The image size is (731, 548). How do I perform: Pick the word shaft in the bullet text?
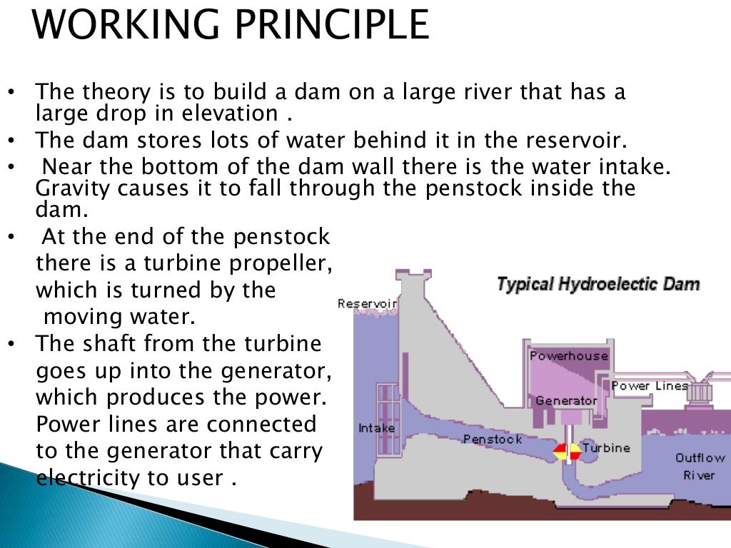tap(112, 344)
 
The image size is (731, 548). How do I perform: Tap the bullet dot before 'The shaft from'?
tap(11, 345)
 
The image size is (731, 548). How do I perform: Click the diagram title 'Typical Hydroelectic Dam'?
tap(598, 285)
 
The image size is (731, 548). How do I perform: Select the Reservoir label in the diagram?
tap(367, 303)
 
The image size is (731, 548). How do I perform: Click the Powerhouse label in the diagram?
tap(568, 355)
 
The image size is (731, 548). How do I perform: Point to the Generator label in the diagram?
tap(566, 400)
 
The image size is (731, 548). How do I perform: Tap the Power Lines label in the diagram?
tap(650, 386)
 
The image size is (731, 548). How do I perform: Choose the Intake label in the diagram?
tap(375, 429)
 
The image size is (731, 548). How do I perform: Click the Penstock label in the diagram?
tap(493, 439)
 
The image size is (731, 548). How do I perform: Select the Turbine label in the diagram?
tap(606, 448)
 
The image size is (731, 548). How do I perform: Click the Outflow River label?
tap(700, 467)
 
